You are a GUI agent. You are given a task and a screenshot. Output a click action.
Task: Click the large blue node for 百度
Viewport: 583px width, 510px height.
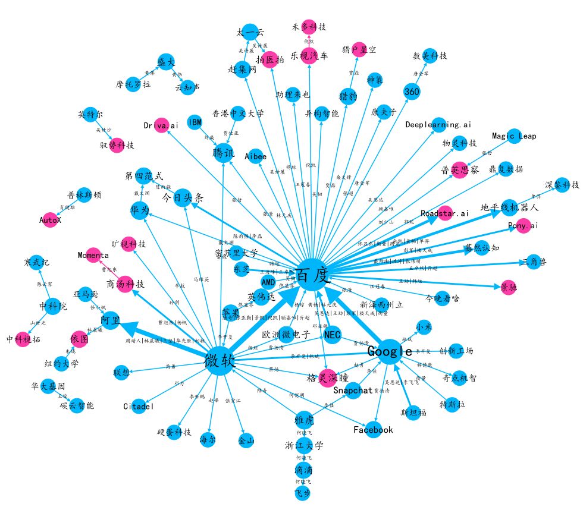click(313, 275)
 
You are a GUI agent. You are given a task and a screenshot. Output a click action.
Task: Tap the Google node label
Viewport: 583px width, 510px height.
click(389, 351)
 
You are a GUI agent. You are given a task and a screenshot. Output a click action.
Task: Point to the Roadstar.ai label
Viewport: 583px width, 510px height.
click(444, 213)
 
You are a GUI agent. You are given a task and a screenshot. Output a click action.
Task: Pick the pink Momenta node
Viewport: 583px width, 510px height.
click(93, 255)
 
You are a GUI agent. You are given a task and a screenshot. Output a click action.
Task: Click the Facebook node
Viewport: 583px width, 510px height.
click(373, 430)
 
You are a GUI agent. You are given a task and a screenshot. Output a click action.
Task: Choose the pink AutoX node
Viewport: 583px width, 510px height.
click(51, 219)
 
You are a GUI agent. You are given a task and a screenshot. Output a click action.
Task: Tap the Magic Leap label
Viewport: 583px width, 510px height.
click(514, 136)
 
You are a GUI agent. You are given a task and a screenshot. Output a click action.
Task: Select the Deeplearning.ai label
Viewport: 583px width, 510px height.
click(438, 125)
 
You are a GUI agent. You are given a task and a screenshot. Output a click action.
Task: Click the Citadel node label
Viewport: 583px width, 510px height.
click(139, 407)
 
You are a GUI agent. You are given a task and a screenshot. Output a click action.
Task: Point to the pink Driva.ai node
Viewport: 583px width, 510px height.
click(161, 125)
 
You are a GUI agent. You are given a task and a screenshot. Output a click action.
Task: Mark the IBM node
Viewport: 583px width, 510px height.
click(195, 122)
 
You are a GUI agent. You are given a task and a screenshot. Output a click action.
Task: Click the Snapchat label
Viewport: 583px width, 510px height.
click(352, 391)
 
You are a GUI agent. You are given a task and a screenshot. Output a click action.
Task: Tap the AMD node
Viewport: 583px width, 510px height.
click(268, 281)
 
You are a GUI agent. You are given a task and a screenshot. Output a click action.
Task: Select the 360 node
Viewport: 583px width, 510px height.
click(412, 92)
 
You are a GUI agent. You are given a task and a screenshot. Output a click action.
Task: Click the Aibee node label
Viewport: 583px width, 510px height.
click(256, 156)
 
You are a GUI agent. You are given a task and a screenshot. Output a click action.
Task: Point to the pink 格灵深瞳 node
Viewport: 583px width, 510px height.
click(327, 378)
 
